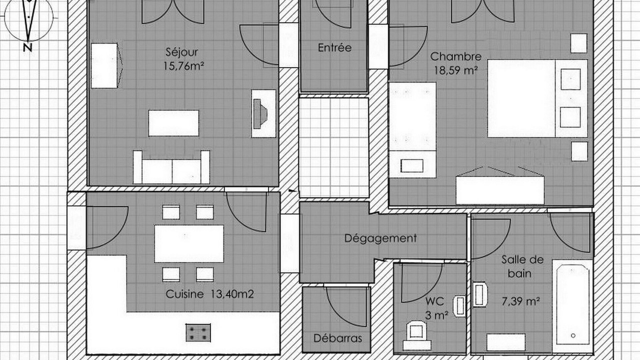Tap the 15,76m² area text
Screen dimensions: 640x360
pyautogui.click(x=183, y=66)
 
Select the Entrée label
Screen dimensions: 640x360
pyautogui.click(x=334, y=47)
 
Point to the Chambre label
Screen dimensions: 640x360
pyautogui.click(x=455, y=56)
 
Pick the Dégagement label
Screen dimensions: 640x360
pyautogui.click(x=380, y=238)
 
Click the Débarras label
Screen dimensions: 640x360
pyautogui.click(x=337, y=338)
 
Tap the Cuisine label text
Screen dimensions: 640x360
pyautogui.click(x=184, y=294)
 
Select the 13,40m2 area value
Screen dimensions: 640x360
pyautogui.click(x=232, y=294)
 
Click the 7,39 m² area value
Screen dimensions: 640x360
pyautogui.click(x=521, y=301)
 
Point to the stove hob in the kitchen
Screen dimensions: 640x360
pyautogui.click(x=198, y=332)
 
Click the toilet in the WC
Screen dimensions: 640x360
pyautogui.click(x=417, y=335)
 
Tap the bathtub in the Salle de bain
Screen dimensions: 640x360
pyautogui.click(x=572, y=306)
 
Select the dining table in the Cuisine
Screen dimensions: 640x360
pyautogui.click(x=189, y=243)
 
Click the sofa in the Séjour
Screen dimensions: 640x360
pyautogui.click(x=171, y=167)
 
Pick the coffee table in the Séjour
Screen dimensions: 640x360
pyautogui.click(x=173, y=123)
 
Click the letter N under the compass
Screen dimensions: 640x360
pyautogui.click(x=27, y=47)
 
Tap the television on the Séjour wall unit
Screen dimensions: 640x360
pyautogui.click(x=259, y=113)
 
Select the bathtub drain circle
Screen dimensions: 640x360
pyautogui.click(x=573, y=335)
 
